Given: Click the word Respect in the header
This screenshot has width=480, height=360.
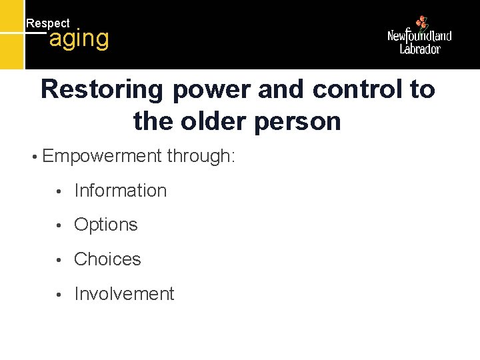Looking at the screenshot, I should [47, 23].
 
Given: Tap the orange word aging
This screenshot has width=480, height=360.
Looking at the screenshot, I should [79, 39].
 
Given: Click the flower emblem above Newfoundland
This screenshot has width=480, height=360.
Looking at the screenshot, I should [421, 23].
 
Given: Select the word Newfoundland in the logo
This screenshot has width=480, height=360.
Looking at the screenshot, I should [419, 36].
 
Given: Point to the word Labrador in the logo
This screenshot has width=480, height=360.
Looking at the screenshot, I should [420, 49].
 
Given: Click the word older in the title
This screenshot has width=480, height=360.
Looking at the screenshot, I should [215, 121].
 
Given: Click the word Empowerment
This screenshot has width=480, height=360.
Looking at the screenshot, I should [101, 157].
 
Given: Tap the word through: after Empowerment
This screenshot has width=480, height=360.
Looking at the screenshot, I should [201, 157].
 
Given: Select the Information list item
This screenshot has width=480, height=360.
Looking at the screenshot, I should [120, 191].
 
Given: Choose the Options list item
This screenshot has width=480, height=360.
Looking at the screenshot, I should [105, 225].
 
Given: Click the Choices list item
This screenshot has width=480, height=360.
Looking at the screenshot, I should [107, 259].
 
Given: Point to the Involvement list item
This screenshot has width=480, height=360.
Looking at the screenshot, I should [124, 294].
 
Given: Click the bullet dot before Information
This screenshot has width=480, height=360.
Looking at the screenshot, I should [59, 191].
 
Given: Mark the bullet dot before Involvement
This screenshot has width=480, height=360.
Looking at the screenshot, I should [59, 295].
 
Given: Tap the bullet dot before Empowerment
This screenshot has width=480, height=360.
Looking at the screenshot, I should [33, 158].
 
